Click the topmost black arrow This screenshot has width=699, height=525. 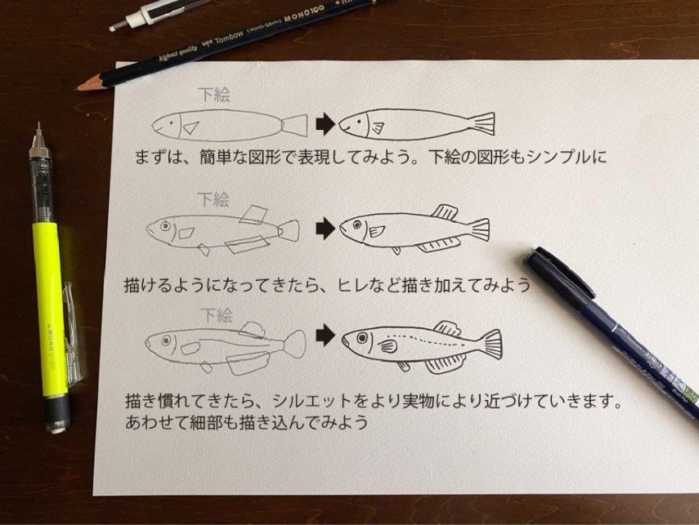coord(325,124)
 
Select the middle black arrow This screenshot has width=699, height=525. coord(325,229)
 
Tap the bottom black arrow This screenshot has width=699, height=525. coord(325,335)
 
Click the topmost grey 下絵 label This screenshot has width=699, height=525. coord(214,95)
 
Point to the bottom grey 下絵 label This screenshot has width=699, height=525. coord(217,315)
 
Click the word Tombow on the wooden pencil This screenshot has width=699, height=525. coord(229,37)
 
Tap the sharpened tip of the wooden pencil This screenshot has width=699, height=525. coord(80,87)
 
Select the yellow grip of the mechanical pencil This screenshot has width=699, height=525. coord(50,307)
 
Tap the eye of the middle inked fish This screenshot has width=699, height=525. coord(357,225)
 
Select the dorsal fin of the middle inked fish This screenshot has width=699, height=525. coord(445,212)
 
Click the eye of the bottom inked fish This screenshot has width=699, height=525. coord(362,338)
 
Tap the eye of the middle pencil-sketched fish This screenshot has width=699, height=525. coord(165,226)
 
